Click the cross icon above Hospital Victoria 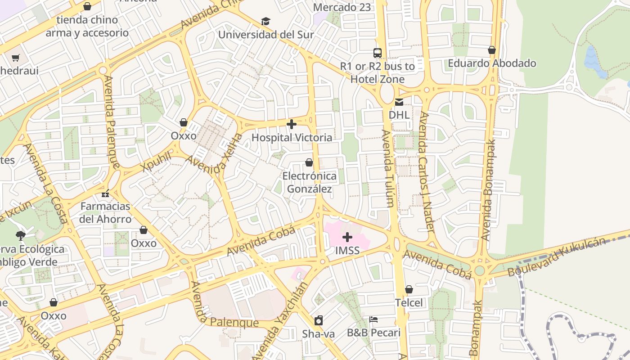click(x=292, y=124)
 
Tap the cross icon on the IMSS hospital click(x=347, y=237)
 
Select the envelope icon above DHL click(x=399, y=102)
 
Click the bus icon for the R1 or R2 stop click(x=378, y=53)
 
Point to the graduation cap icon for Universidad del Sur click(x=266, y=22)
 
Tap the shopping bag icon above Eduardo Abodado click(x=492, y=50)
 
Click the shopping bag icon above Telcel click(x=409, y=289)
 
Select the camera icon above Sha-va click(x=319, y=320)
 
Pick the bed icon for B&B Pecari click(x=373, y=319)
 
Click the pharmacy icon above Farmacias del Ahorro click(x=105, y=193)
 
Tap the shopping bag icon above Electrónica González click(x=309, y=162)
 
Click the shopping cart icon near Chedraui click(x=16, y=58)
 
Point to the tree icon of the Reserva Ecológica click(x=20, y=235)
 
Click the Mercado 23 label click(x=342, y=7)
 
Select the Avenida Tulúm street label click(x=387, y=168)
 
